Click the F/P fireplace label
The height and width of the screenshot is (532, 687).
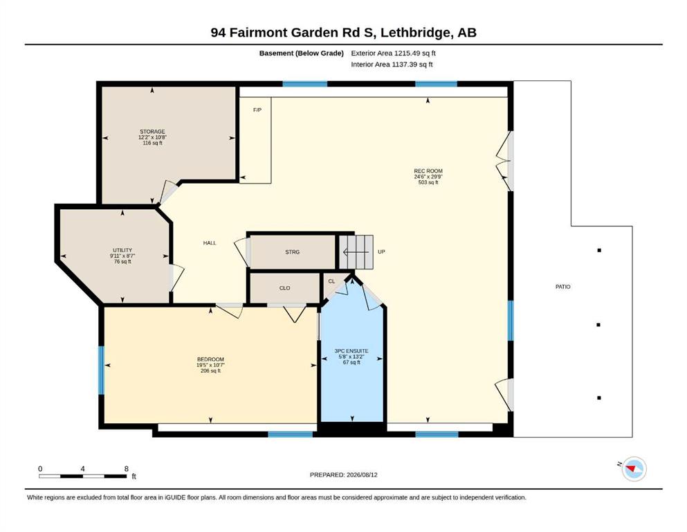click(x=257, y=109)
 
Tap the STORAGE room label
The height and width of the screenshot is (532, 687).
click(x=152, y=132)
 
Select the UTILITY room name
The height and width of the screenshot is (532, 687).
click(x=122, y=250)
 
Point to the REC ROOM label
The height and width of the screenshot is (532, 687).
click(x=428, y=171)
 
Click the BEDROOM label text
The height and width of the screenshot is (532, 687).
click(x=210, y=360)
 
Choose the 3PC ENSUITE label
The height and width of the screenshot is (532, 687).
click(x=351, y=351)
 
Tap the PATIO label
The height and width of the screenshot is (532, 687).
click(x=563, y=287)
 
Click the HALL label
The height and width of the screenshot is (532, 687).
click(x=210, y=243)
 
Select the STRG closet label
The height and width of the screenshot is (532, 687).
click(x=292, y=252)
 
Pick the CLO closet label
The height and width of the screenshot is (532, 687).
click(x=285, y=288)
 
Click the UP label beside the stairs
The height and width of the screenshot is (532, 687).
click(x=381, y=251)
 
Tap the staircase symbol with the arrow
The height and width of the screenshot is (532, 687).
click(x=356, y=252)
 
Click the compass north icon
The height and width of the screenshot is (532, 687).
click(x=634, y=469)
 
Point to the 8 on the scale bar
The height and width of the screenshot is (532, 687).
click(x=126, y=469)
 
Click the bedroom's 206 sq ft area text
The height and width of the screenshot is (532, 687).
click(x=210, y=371)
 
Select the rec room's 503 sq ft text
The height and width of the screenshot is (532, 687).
click(x=428, y=182)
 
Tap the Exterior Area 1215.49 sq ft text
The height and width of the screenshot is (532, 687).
click(x=393, y=53)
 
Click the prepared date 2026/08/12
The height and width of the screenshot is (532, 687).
click(x=362, y=475)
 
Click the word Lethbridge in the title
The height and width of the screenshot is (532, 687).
click(x=415, y=33)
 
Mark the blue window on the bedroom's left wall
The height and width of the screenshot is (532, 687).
click(x=101, y=370)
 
